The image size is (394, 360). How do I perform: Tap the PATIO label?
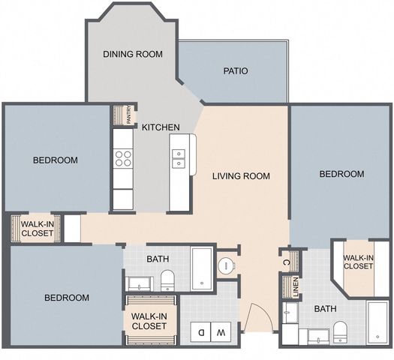tap(236, 72)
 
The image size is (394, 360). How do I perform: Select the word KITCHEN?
tap(161, 127)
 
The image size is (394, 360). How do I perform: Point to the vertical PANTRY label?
tap(128, 115)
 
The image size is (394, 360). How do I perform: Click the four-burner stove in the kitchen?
tap(122, 158)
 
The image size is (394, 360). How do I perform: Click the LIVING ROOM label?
tap(240, 177)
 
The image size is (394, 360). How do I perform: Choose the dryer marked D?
tap(200, 330)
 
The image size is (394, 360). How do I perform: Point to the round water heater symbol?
tap(225, 266)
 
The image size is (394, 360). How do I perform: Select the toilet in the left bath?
tap(167, 280)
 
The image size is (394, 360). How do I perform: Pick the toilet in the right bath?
tap(339, 330)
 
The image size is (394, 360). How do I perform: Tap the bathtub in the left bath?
tap(202, 268)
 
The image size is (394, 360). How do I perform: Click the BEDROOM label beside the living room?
tap(341, 174)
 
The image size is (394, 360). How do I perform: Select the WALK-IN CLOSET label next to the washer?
tap(149, 321)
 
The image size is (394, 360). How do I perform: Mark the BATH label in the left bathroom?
tap(158, 259)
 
